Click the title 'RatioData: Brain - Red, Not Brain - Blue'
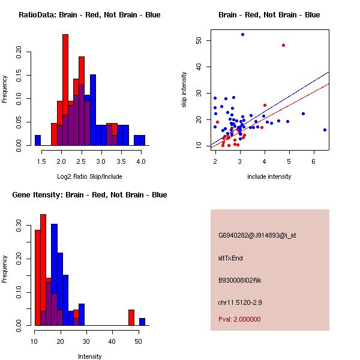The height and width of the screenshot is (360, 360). point(89,15)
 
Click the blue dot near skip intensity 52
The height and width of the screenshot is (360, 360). point(242,34)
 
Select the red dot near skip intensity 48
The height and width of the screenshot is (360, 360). point(283,45)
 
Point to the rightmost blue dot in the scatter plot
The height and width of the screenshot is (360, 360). point(325,130)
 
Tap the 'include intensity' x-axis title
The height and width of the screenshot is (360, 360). point(269,176)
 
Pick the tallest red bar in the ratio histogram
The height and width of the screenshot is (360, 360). point(65,90)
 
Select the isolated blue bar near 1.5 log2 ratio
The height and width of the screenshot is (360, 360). point(38,140)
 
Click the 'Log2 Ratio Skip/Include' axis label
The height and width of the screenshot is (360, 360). point(89,176)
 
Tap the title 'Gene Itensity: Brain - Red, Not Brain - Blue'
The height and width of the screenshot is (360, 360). point(89,195)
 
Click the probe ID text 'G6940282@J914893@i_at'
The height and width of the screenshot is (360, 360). point(257,235)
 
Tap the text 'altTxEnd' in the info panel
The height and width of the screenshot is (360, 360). point(230,258)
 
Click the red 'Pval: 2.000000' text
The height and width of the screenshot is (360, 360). point(239,319)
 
